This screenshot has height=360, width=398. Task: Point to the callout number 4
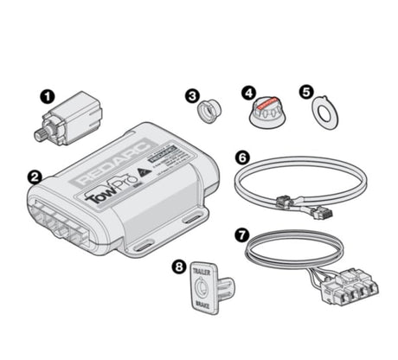249,91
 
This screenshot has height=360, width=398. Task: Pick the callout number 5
305,91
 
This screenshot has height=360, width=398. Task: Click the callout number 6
242,157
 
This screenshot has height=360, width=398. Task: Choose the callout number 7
242,234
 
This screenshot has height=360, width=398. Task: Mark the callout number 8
178,267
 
